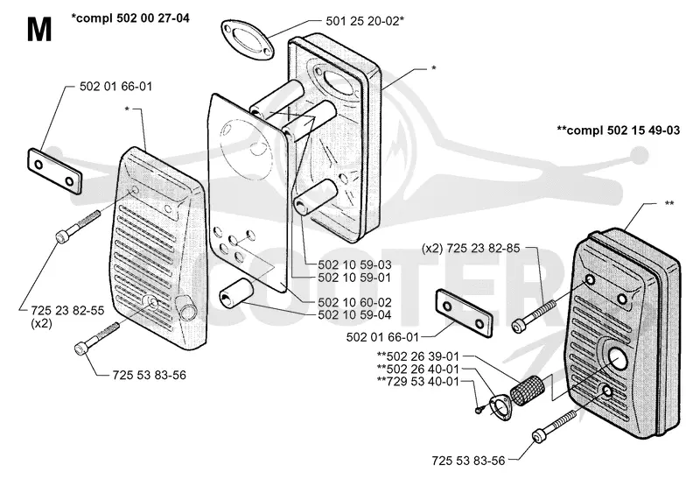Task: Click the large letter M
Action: tap(39, 30)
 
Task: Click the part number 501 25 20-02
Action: tap(362, 21)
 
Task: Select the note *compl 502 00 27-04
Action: tap(130, 18)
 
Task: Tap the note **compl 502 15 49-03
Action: tap(619, 130)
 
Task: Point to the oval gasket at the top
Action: tap(246, 39)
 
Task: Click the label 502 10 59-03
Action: tap(354, 264)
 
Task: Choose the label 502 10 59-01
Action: tap(354, 278)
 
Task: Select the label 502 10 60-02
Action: tap(354, 302)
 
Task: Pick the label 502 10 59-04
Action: tap(354, 315)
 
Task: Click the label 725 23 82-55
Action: tap(67, 311)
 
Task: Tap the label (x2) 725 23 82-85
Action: tap(471, 248)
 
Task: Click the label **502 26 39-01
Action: tap(418, 356)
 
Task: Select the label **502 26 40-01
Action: tap(418, 369)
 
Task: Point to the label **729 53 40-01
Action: tap(418, 382)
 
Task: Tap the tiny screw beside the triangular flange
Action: tap(479, 409)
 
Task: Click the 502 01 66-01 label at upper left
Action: tap(115, 86)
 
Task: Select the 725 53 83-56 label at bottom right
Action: tap(468, 461)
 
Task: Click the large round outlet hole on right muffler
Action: tap(618, 358)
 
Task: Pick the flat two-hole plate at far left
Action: tap(55, 172)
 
